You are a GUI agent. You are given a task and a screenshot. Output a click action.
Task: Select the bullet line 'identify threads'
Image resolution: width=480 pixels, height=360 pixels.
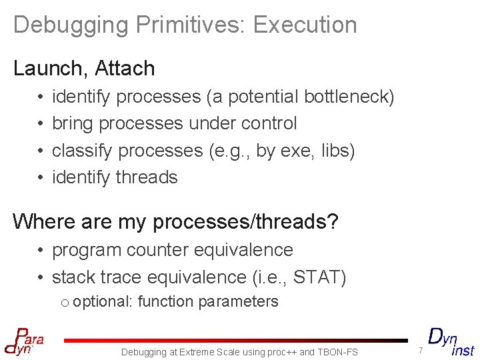tap(115, 177)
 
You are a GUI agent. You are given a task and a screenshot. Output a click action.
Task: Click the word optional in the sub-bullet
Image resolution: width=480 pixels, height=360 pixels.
tap(102, 302)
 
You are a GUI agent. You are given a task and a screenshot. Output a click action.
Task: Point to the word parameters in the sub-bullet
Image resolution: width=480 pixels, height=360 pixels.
tap(244, 302)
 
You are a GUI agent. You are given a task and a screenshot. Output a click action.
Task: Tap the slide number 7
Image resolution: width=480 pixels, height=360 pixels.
tap(421, 351)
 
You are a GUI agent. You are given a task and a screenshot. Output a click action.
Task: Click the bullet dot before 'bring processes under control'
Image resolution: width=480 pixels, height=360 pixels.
tap(41, 124)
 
